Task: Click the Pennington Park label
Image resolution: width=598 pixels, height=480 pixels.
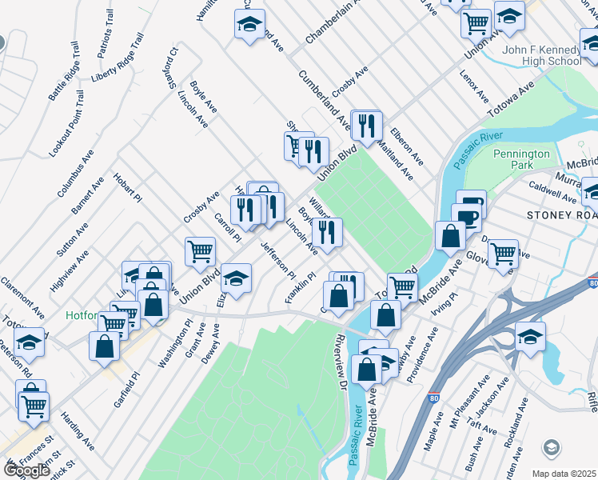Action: click(521, 158)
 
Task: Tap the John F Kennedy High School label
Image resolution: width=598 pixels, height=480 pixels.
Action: click(541, 55)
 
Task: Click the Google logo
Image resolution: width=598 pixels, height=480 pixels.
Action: click(27, 470)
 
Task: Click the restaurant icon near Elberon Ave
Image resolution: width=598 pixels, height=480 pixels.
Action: click(367, 125)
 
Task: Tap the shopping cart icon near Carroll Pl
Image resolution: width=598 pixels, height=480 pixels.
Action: click(200, 250)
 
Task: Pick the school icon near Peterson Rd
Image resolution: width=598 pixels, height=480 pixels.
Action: click(30, 342)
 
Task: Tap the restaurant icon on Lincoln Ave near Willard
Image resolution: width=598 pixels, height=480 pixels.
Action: click(327, 231)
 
